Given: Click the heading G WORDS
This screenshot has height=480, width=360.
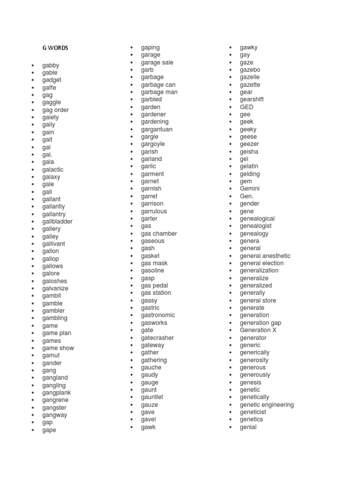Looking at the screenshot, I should pyautogui.click(x=55, y=48).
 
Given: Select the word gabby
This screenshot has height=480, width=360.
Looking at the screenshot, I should pyautogui.click(x=51, y=65).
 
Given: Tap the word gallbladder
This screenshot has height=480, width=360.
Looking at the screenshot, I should pyautogui.click(x=57, y=221).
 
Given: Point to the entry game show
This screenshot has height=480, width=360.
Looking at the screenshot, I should pyautogui.click(x=58, y=348).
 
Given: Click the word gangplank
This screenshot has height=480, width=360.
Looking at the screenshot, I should pyautogui.click(x=57, y=392).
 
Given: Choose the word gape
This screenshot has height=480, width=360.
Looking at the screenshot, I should pyautogui.click(x=49, y=430).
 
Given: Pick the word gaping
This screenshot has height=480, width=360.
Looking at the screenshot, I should pyautogui.click(x=150, y=47).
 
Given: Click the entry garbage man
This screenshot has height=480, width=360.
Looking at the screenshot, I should pyautogui.click(x=159, y=92).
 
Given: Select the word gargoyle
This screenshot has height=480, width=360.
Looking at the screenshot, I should pyautogui.click(x=153, y=144).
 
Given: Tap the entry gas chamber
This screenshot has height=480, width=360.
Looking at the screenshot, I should pyautogui.click(x=159, y=233).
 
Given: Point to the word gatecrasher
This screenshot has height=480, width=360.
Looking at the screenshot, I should pyautogui.click(x=157, y=337).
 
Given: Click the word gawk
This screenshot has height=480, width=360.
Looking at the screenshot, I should pyautogui.click(x=148, y=427).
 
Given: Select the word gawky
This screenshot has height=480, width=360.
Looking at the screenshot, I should pyautogui.click(x=249, y=47).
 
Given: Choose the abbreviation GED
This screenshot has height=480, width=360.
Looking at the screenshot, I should pyautogui.click(x=247, y=107).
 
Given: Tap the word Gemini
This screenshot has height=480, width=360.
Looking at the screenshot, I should pyautogui.click(x=250, y=188).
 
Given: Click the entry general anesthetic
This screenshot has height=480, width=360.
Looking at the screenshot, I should pyautogui.click(x=265, y=255).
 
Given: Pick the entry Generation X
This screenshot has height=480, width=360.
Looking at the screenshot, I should pyautogui.click(x=258, y=330).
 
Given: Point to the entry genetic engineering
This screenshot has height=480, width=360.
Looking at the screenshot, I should pyautogui.click(x=267, y=405).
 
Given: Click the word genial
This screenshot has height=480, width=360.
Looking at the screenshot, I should pyautogui.click(x=248, y=427).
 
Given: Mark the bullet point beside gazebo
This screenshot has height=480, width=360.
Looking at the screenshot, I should pyautogui.click(x=231, y=70).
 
